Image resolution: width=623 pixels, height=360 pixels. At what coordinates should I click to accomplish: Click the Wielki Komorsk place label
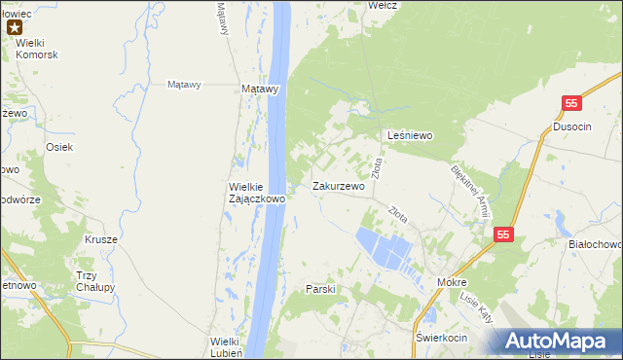coord(37,54)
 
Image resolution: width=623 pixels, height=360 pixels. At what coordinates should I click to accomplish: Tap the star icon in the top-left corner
coord(15,28)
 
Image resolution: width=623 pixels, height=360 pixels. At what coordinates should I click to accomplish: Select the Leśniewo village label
coord(410,136)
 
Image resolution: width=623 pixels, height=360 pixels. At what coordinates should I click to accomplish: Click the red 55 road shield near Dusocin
coord(572,103)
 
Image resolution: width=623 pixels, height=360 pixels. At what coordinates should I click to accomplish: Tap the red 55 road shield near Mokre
coord(502,234)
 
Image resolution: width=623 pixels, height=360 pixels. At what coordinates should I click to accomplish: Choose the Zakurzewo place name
coord(339,186)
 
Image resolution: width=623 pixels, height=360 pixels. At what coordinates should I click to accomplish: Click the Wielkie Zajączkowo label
coord(256,192)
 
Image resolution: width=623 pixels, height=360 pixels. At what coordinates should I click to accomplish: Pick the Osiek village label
coord(59,147)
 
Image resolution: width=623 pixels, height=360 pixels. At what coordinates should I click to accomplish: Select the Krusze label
coord(101,239)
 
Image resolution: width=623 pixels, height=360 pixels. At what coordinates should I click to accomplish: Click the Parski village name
coord(320,289)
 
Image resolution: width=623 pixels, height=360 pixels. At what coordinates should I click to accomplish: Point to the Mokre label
coord(452,282)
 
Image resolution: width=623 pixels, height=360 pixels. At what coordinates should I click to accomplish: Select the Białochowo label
coord(594,245)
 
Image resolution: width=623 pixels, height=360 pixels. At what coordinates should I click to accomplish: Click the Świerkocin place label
coord(441,338)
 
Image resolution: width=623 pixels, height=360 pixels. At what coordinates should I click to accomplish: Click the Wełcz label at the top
coord(382,5)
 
